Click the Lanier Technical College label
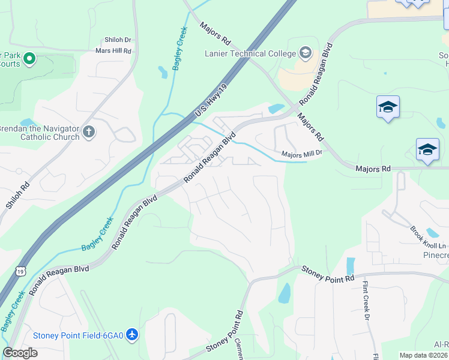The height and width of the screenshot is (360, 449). click(250, 53)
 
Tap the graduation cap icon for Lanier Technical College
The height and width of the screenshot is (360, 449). click(306, 53)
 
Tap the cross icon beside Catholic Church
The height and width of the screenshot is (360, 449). click(89, 131)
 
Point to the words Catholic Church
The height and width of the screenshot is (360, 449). click(50, 137)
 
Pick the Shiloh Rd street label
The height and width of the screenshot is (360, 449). click(17, 196)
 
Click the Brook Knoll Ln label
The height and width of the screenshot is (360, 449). click(429, 238)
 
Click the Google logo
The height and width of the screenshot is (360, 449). click(20, 353)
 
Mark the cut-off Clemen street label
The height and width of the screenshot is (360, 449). click(239, 349)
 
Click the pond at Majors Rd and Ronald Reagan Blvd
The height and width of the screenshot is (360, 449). click(277, 109)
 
